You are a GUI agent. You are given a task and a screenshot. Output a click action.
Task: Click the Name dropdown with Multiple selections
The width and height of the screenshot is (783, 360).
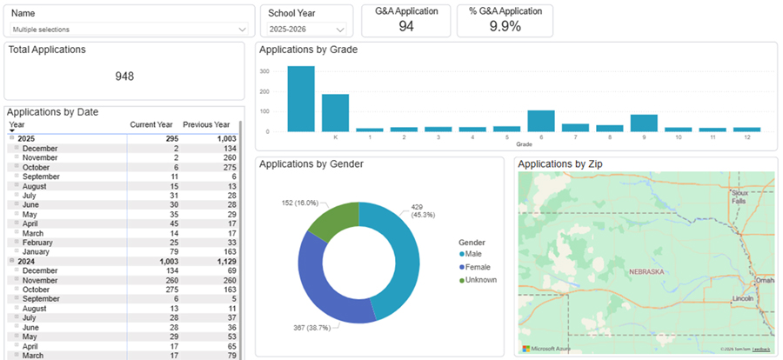click(x=128, y=30)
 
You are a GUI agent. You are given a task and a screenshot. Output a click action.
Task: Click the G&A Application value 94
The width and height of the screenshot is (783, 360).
click(x=405, y=26)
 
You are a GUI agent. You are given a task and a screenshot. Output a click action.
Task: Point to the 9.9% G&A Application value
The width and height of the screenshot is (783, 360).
click(x=505, y=26)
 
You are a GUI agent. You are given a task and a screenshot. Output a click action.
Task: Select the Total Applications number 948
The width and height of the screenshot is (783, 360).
click(x=124, y=76)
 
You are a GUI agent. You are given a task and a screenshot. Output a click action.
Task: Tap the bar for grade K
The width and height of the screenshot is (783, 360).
click(x=335, y=112)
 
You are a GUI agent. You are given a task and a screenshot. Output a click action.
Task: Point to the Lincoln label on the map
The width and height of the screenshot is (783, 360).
click(x=742, y=298)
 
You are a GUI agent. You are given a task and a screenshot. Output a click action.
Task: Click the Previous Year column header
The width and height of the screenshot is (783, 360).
click(x=206, y=124)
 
